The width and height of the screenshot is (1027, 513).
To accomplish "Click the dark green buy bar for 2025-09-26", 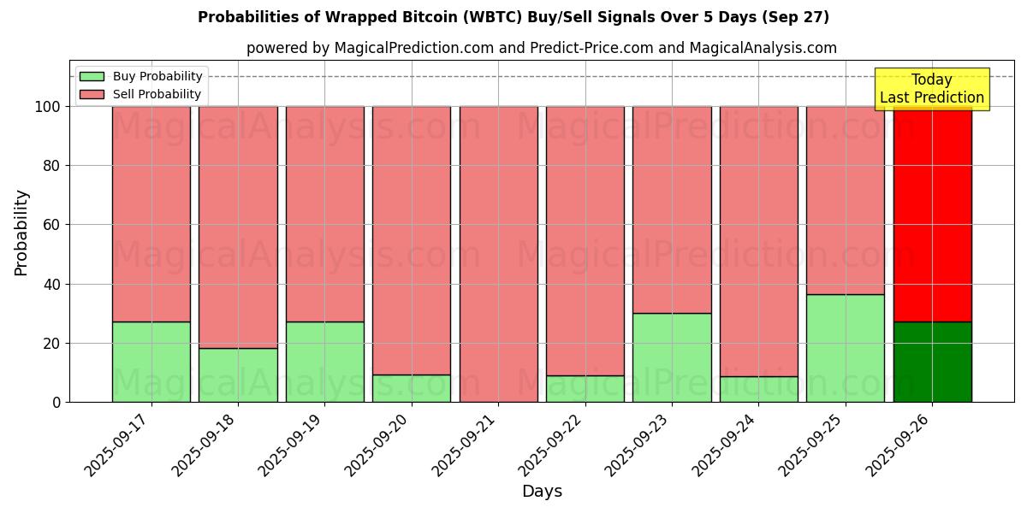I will click(x=932, y=362).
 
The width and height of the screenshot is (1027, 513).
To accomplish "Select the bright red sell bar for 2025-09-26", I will click(x=932, y=214).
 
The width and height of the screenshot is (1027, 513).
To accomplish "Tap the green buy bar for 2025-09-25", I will click(x=845, y=348).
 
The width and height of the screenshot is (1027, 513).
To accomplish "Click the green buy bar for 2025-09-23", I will click(x=672, y=357).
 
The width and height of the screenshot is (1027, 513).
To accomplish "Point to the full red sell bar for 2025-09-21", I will click(x=498, y=254).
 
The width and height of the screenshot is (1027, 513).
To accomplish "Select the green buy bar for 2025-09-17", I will click(x=151, y=362).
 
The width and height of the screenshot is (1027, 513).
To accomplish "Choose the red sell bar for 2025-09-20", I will click(x=412, y=239).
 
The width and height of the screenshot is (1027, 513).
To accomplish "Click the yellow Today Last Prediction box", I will click(x=931, y=89).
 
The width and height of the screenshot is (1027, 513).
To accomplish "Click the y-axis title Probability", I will click(x=21, y=233).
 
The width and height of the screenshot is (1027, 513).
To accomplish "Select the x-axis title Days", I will click(x=542, y=492).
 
